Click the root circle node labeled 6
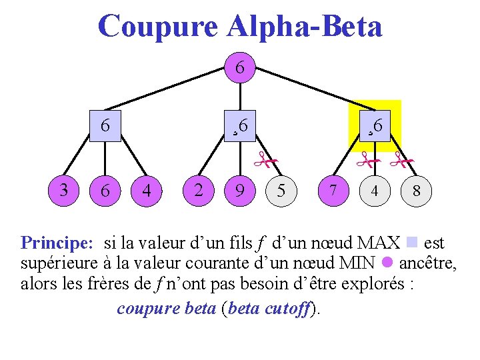coord(239,67)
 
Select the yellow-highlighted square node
coord(375,125)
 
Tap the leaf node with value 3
coord(63,191)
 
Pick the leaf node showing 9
coord(239,191)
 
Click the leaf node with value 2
coord(198,191)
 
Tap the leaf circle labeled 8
coord(416,191)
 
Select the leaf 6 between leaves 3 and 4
coord(105,191)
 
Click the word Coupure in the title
coord(157,26)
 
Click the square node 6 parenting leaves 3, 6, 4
coord(105,125)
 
